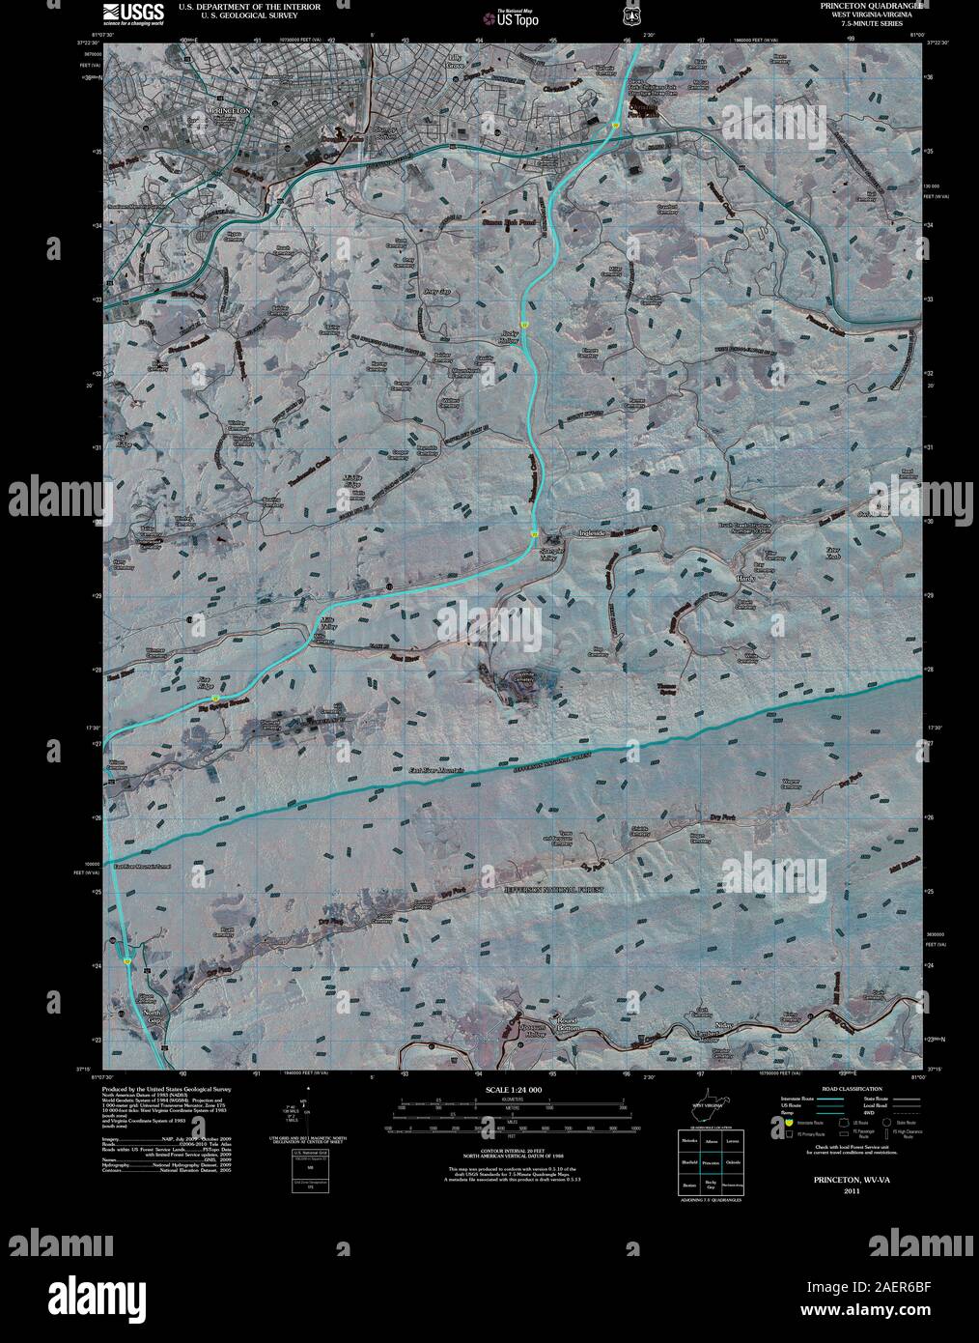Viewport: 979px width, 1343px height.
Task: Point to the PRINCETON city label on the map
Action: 229,112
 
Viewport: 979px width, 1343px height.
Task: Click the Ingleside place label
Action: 590,532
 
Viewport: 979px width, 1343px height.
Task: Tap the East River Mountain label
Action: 436,770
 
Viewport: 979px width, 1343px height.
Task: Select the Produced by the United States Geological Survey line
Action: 164,1087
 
